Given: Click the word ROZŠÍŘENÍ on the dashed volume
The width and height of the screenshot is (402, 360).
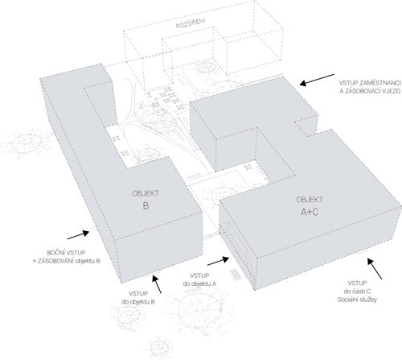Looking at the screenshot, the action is coord(191,23).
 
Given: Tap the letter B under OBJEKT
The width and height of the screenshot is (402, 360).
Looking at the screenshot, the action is coord(146,206).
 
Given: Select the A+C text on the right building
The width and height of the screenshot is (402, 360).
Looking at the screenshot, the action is coord(310,212).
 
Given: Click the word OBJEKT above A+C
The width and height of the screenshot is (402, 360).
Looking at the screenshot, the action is coord(310,200).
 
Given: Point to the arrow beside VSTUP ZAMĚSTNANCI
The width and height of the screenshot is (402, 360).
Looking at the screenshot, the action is coord(317,80).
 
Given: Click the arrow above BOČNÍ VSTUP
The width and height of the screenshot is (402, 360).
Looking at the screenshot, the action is coord(78,234).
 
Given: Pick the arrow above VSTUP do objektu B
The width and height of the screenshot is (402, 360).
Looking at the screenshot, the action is coord(157,283).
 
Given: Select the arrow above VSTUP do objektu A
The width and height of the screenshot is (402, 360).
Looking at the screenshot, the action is coord(218,261).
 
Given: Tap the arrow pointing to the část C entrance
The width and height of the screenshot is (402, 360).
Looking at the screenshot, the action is coord(375,268).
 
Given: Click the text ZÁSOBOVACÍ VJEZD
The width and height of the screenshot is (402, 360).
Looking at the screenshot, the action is coord(370,91).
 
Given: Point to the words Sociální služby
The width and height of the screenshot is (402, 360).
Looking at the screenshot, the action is coord(357,300).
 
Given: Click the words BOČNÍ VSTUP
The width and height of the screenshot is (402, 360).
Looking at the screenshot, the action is coord(66,253).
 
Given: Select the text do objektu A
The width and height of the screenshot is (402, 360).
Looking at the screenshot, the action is coord(199,283).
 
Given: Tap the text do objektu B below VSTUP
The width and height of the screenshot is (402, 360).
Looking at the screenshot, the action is coord(138,302).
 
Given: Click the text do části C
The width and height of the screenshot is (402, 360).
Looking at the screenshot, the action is coord(357,292).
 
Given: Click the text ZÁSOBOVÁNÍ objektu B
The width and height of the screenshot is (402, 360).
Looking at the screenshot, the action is coord(69,261).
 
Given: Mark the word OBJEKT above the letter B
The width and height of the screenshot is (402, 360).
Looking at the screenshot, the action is coord(146,193).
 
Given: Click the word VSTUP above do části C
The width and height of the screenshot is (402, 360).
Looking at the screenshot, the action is coord(357,283).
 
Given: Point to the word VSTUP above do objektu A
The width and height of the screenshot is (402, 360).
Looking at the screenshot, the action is coord(199,275).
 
